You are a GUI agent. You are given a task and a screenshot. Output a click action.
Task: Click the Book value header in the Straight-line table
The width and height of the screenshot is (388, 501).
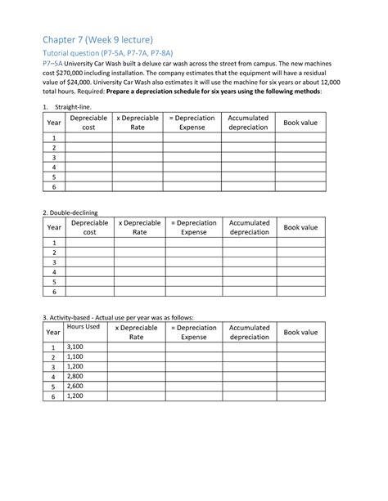pos(300,123)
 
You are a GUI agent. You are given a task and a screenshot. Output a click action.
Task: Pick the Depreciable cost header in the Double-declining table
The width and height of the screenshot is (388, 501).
pos(88,227)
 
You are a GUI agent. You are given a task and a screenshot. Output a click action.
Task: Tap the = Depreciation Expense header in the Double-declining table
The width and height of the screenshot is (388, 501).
pos(194,227)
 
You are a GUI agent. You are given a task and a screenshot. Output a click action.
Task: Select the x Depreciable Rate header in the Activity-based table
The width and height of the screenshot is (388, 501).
pos(138,332)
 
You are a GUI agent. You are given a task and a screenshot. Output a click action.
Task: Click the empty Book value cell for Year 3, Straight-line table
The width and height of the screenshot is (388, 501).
pos(300,157)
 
